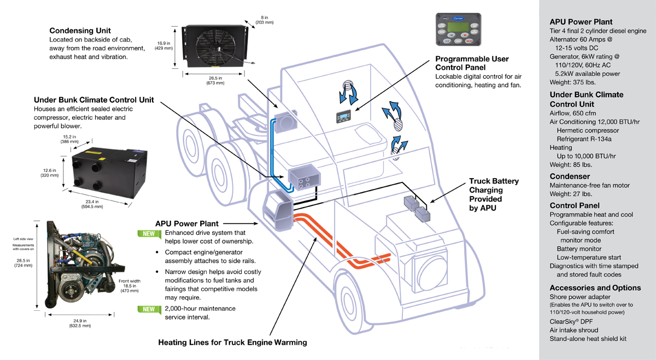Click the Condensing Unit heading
coord(80,31)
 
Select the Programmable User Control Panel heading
coord(472,63)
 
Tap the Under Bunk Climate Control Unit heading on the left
coord(93,100)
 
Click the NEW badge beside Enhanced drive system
coord(148,233)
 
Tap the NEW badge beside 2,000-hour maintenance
coord(148,309)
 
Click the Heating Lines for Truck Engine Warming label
coord(232,343)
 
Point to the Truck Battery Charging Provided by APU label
coord(494,194)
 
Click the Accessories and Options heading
coord(595,287)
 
